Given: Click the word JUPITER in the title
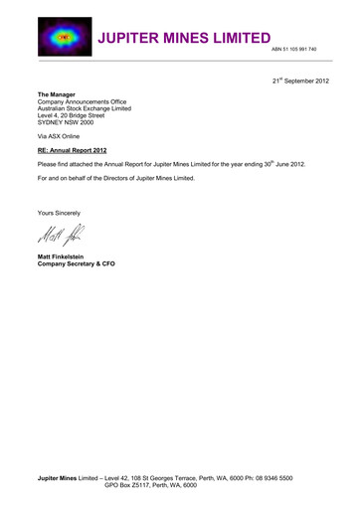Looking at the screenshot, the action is (x=138, y=39).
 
